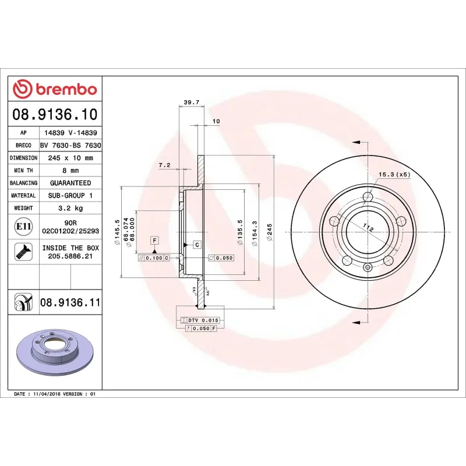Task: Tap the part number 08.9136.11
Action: point(70,302)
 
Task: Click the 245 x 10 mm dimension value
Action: point(70,158)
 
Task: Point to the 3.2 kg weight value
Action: point(70,208)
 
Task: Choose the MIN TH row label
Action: point(24,171)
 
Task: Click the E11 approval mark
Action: point(24,225)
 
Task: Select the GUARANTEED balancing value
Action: point(70,183)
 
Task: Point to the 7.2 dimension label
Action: point(164,165)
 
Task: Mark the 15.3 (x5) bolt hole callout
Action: point(394,174)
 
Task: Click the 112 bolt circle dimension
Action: point(368,228)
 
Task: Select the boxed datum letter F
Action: point(154,240)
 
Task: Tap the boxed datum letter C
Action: point(197,244)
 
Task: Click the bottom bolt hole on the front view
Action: point(367,267)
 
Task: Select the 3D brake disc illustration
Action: point(54,353)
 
